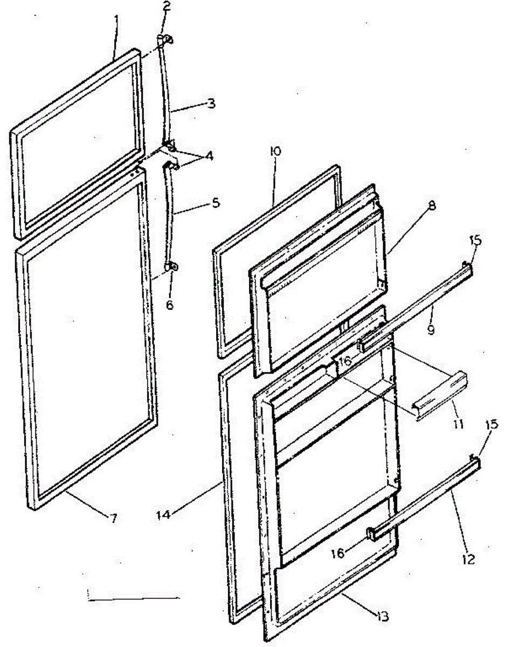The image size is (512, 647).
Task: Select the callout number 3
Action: pyautogui.click(x=211, y=104)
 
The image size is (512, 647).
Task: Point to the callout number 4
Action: pyautogui.click(x=209, y=156)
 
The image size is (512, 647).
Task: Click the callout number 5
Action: pyautogui.click(x=216, y=204)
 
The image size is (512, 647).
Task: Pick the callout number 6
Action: pyautogui.click(x=170, y=305)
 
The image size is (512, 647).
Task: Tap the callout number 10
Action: pyautogui.click(x=275, y=152)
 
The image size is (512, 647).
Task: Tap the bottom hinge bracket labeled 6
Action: pyautogui.click(x=172, y=266)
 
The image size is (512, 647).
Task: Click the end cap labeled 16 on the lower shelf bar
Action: pyautogui.click(x=372, y=534)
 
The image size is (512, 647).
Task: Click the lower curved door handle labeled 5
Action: pyautogui.click(x=171, y=216)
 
